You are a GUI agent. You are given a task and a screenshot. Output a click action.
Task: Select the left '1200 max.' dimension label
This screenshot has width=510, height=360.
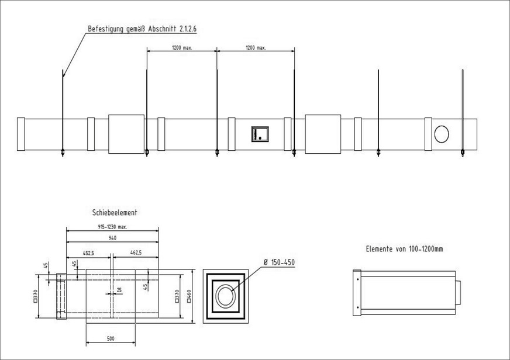pos(181,48)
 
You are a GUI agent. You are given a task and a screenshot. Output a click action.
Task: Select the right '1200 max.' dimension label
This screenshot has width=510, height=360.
pos(256,48)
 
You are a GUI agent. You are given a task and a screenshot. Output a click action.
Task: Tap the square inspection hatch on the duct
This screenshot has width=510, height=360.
pos(260,134)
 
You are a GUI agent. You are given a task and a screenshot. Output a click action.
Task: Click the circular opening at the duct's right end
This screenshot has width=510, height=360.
pos(442,134)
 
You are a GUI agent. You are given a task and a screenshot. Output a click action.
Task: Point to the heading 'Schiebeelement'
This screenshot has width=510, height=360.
pos(115,213)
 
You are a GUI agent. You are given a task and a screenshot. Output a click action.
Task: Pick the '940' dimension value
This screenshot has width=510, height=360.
pos(112,238)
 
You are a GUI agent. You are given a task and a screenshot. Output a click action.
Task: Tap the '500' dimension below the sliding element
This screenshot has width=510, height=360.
pos(111,338)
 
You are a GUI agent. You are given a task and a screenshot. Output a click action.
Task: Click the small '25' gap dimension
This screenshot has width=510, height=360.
pos(119,290)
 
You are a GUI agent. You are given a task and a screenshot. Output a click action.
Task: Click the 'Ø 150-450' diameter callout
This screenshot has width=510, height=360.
pos(279,263)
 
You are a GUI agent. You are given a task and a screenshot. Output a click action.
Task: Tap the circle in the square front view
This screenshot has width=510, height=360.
pos(226,296)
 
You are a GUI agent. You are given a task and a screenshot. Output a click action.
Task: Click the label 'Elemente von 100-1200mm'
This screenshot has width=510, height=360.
pos(404,249)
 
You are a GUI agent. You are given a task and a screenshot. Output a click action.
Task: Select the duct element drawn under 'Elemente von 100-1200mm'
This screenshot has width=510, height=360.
pos(406,293)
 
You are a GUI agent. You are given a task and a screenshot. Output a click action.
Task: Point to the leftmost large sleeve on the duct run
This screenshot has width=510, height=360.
pos(126,134)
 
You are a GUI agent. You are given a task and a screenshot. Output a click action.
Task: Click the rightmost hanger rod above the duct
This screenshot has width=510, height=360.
pos(463,111)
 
